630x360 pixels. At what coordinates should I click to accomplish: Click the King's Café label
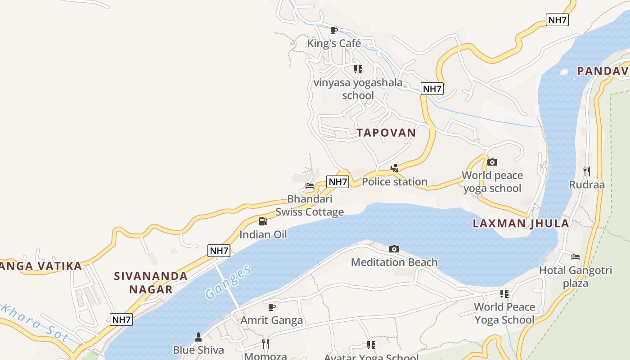point(334,44)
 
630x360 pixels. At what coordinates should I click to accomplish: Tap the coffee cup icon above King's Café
point(333,30)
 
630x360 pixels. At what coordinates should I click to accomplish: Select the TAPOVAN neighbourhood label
point(387,133)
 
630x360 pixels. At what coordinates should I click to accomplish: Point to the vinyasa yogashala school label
point(358,89)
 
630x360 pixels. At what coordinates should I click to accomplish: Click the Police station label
point(395,182)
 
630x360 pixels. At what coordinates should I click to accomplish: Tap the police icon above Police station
point(395,168)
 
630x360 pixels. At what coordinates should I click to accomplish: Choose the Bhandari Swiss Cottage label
point(310,206)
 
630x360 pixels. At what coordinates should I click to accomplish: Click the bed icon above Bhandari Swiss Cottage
point(310,185)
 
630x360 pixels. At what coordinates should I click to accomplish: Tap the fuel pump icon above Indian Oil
point(263,221)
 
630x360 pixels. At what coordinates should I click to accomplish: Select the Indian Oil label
point(263,234)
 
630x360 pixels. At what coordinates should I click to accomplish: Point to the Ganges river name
point(228,282)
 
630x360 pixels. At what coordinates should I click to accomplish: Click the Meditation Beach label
point(394,262)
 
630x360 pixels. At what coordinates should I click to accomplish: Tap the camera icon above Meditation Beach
point(394,249)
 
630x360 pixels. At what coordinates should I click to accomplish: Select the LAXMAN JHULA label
point(521,224)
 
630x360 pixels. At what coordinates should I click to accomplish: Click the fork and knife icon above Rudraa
point(587,171)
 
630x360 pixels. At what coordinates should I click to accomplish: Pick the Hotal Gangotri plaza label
point(576,277)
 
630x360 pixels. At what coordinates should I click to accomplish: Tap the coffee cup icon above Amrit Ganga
point(272,307)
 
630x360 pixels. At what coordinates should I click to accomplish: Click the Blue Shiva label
point(198,350)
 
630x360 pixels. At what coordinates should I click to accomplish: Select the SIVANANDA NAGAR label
point(151,283)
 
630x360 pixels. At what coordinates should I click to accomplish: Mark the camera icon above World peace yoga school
point(492,162)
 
